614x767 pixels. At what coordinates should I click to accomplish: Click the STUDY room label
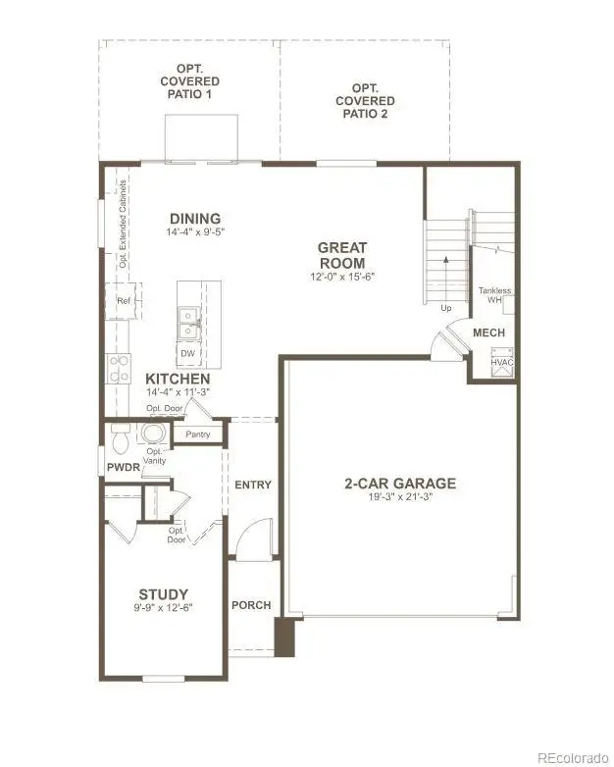164,594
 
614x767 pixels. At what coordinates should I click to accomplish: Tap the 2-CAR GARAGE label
400,484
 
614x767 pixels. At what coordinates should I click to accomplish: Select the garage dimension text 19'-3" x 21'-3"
401,497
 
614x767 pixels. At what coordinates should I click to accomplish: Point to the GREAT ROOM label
342,255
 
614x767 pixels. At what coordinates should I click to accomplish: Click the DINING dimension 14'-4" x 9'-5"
195,231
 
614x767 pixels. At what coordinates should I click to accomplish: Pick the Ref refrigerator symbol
124,301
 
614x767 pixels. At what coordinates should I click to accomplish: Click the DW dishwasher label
188,353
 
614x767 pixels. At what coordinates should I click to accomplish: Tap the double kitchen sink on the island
187,323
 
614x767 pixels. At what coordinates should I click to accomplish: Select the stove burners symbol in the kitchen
119,369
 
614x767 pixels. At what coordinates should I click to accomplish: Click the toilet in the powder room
120,438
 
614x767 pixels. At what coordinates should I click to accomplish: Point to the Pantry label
198,435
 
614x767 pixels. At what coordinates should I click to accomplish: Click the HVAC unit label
502,363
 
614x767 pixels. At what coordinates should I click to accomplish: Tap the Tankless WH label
494,295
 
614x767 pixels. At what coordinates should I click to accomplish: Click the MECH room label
488,332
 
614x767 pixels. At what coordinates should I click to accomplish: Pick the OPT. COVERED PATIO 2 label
365,101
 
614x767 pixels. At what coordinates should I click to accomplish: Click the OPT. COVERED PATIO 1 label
190,81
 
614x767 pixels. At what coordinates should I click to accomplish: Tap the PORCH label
251,605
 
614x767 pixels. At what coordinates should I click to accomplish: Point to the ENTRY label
253,485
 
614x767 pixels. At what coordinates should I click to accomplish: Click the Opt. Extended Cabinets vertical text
123,224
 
